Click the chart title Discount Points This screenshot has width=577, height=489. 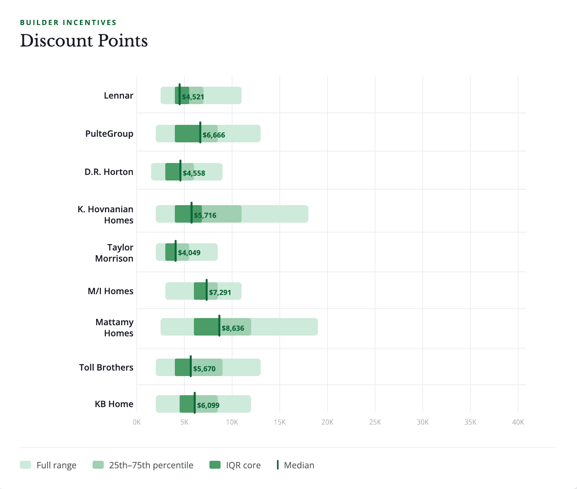[84, 41]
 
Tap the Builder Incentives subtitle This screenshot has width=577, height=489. [68, 23]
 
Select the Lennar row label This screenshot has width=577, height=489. [118, 95]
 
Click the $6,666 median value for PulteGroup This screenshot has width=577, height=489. [214, 135]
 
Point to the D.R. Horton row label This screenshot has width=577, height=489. [109, 172]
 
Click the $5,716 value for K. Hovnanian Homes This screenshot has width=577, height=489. [205, 215]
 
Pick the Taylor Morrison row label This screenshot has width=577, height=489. [114, 253]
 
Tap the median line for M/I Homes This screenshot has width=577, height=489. [207, 290]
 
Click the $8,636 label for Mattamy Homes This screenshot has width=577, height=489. [233, 328]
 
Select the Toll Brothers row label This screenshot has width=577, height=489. [106, 367]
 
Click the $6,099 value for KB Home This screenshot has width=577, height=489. [208, 406]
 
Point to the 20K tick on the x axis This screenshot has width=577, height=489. [327, 422]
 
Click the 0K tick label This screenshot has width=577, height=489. [137, 422]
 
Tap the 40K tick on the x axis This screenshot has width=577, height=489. [518, 422]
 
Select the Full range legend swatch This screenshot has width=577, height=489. [25, 465]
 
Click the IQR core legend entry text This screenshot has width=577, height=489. [243, 465]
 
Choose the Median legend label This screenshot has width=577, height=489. [299, 465]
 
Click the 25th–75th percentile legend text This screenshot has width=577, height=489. [151, 465]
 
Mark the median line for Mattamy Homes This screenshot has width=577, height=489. [219, 326]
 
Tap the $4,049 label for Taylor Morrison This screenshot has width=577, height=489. [189, 253]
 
